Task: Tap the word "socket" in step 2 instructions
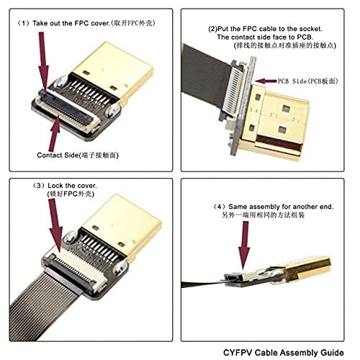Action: coord(320,29)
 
